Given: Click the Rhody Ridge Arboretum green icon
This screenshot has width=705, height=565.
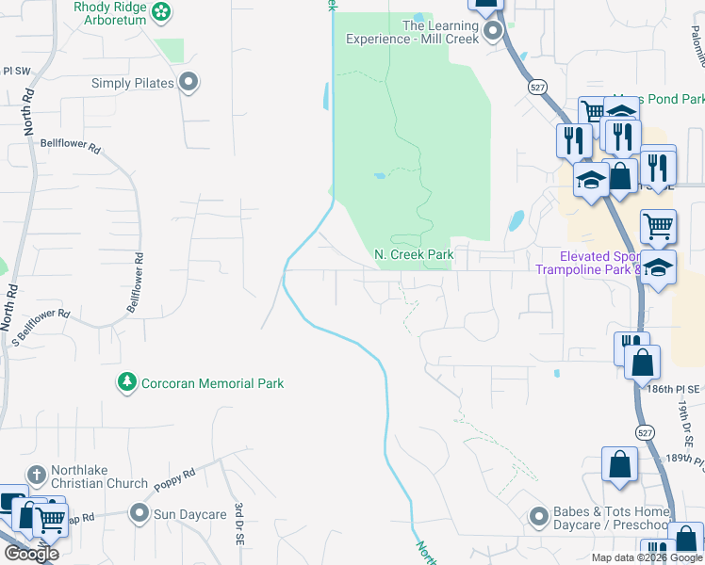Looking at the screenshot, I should pos(162,12).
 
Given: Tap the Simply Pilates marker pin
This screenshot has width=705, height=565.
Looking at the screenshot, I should pos(189,83).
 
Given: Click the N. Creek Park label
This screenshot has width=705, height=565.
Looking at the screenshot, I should pos(414,254).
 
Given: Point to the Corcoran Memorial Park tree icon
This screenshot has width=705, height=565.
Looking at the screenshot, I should pos(125,382).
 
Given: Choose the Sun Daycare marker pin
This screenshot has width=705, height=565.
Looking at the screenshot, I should pos(139,514).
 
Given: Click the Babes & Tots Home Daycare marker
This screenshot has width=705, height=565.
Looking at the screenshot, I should pos(538,516).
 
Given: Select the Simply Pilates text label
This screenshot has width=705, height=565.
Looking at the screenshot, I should pos(133,83).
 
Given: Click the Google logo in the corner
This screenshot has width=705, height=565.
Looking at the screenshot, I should pos(31,553).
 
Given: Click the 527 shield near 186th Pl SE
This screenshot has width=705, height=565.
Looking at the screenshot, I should pos(644,432).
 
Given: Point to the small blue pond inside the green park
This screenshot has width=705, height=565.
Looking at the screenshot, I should pos(380,175).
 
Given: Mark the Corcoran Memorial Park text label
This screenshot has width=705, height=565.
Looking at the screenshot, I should pos(212,383).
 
